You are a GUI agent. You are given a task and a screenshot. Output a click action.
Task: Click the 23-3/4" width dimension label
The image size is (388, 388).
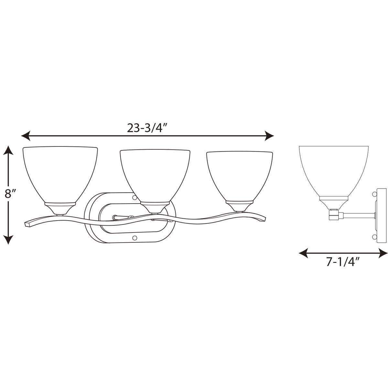143,128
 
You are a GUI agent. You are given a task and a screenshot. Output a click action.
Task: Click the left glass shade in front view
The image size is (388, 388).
60,175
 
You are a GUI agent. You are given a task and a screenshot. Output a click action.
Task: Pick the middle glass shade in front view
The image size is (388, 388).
155,176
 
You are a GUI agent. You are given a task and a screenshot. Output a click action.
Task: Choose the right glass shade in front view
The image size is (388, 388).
239,176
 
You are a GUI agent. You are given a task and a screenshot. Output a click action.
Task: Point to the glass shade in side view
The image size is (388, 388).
334,171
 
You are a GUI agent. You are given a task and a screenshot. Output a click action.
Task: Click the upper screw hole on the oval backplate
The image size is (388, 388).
134,196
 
